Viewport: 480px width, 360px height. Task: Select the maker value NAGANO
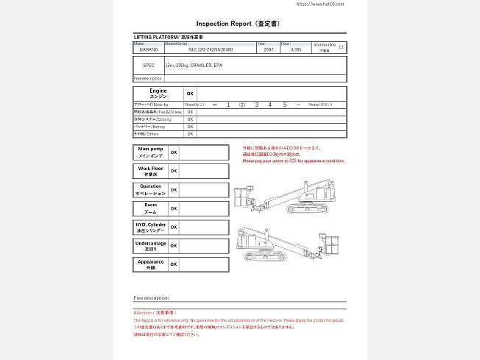147,49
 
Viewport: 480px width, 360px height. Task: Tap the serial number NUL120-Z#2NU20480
211,49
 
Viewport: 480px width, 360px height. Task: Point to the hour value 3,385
296,49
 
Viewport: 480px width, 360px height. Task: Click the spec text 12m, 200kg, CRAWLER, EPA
189,65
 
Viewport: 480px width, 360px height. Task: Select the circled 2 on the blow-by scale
241,105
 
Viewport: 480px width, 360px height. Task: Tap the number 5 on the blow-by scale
284,105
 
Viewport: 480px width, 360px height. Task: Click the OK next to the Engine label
189,93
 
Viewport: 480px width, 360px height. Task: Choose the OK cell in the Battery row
189,127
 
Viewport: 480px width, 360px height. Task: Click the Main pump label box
150,152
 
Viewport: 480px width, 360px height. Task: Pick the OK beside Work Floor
174,171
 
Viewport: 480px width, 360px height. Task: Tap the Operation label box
150,190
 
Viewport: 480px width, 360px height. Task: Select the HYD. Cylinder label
150,227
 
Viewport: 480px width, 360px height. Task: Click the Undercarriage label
150,246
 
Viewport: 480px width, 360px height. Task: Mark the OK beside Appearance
174,264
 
